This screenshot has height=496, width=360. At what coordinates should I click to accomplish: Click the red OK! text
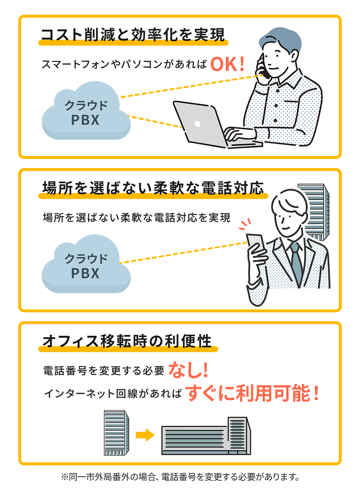227,64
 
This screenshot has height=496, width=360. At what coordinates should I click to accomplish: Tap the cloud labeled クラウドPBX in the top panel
86,112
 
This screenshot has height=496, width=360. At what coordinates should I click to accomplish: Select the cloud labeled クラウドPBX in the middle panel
86,266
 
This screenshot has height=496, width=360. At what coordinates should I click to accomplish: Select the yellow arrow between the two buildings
145,435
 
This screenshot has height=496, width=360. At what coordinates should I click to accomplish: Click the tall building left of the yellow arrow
116,433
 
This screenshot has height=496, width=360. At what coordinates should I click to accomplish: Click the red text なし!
188,370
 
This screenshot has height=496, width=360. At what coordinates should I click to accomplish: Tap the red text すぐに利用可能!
252,393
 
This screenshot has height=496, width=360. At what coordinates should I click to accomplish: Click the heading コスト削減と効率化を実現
133,35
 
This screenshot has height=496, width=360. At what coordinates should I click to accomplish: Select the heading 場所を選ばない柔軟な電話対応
153,188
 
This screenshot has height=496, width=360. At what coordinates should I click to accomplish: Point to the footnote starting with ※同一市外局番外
180,477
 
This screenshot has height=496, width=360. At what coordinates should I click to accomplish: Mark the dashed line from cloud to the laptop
155,121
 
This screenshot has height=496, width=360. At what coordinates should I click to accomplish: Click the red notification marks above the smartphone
245,224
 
